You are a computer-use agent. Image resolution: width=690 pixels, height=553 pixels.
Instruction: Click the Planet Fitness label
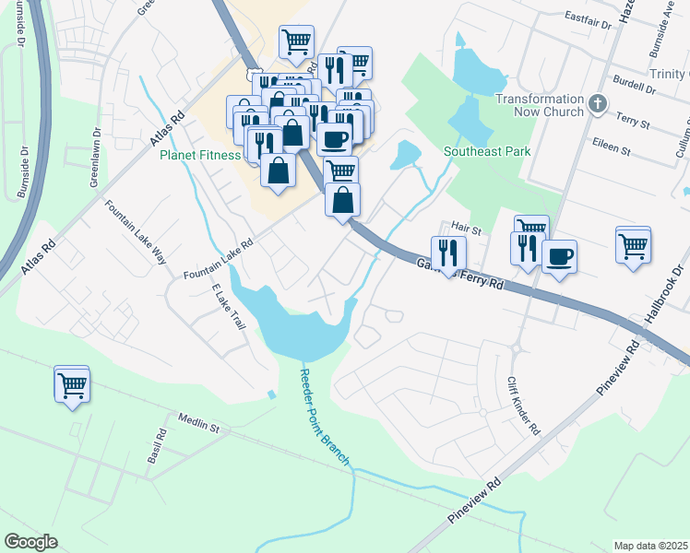click(200, 155)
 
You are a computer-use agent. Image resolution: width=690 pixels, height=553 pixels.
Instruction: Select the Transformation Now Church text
click(541, 105)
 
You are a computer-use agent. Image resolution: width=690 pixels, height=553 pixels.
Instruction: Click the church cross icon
click(598, 103)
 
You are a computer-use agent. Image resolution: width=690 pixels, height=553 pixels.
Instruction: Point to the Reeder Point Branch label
click(324, 418)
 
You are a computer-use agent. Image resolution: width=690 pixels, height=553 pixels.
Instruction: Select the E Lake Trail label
click(229, 308)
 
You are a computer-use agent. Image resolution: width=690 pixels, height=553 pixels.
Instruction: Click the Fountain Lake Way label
click(136, 231)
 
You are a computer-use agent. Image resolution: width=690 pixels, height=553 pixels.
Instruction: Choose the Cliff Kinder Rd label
click(523, 406)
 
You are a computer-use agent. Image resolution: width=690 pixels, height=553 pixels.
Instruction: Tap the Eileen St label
click(612, 147)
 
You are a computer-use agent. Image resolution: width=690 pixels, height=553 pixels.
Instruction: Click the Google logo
click(31, 542)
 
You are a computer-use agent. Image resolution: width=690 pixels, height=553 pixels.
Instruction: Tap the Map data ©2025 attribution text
click(649, 546)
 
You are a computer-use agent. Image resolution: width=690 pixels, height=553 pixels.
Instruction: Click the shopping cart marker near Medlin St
click(72, 385)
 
